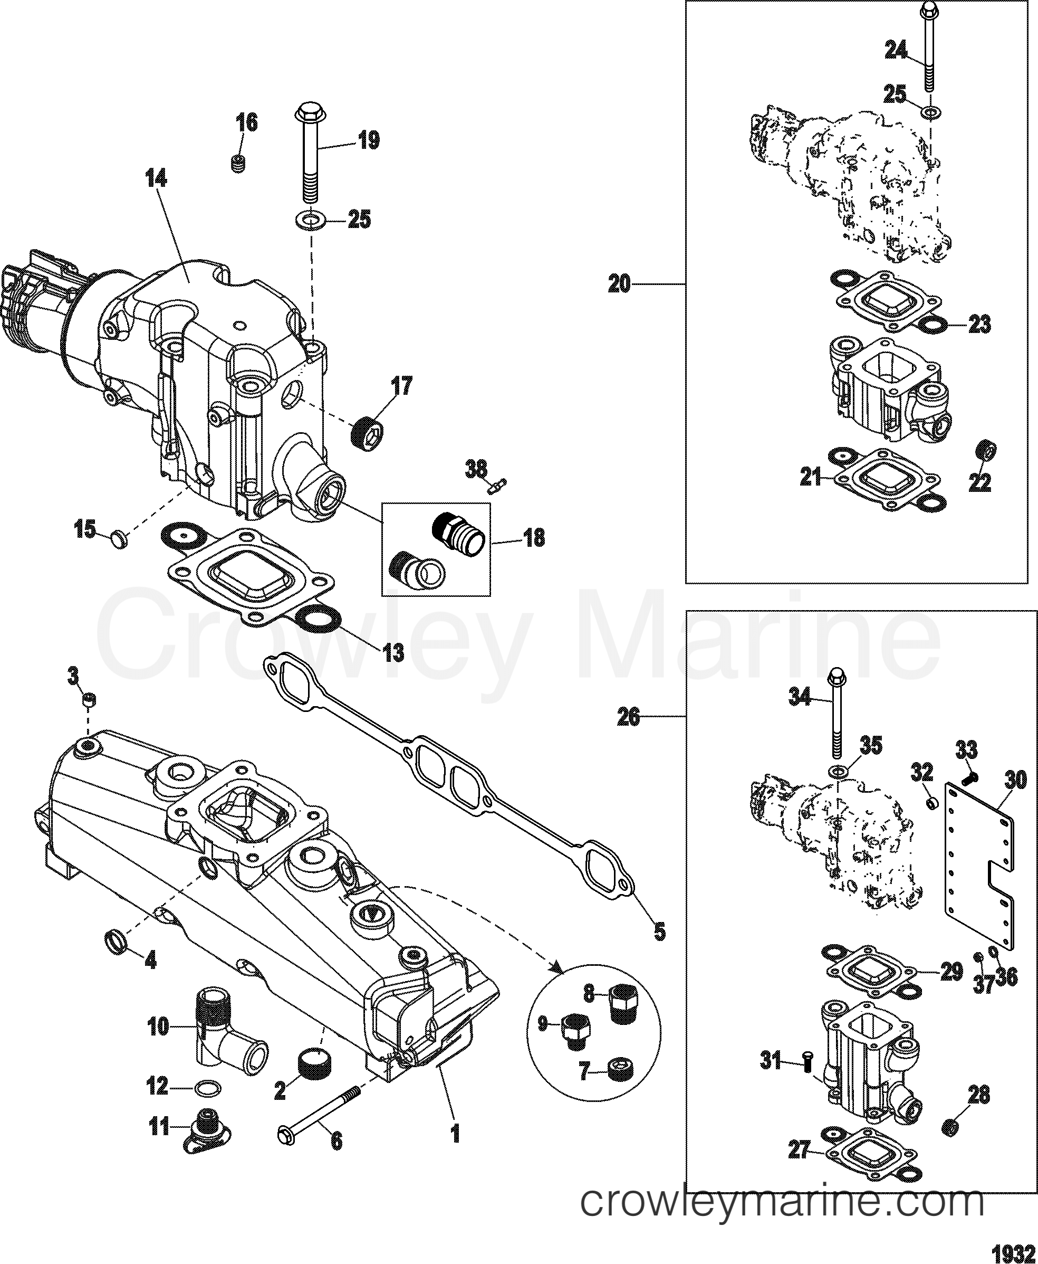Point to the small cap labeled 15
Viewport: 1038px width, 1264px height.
tap(120, 542)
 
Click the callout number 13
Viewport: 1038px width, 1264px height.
tap(393, 653)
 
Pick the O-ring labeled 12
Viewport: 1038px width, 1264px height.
tap(207, 1087)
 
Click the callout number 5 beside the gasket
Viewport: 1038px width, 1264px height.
tap(659, 949)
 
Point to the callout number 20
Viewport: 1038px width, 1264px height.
tap(619, 283)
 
